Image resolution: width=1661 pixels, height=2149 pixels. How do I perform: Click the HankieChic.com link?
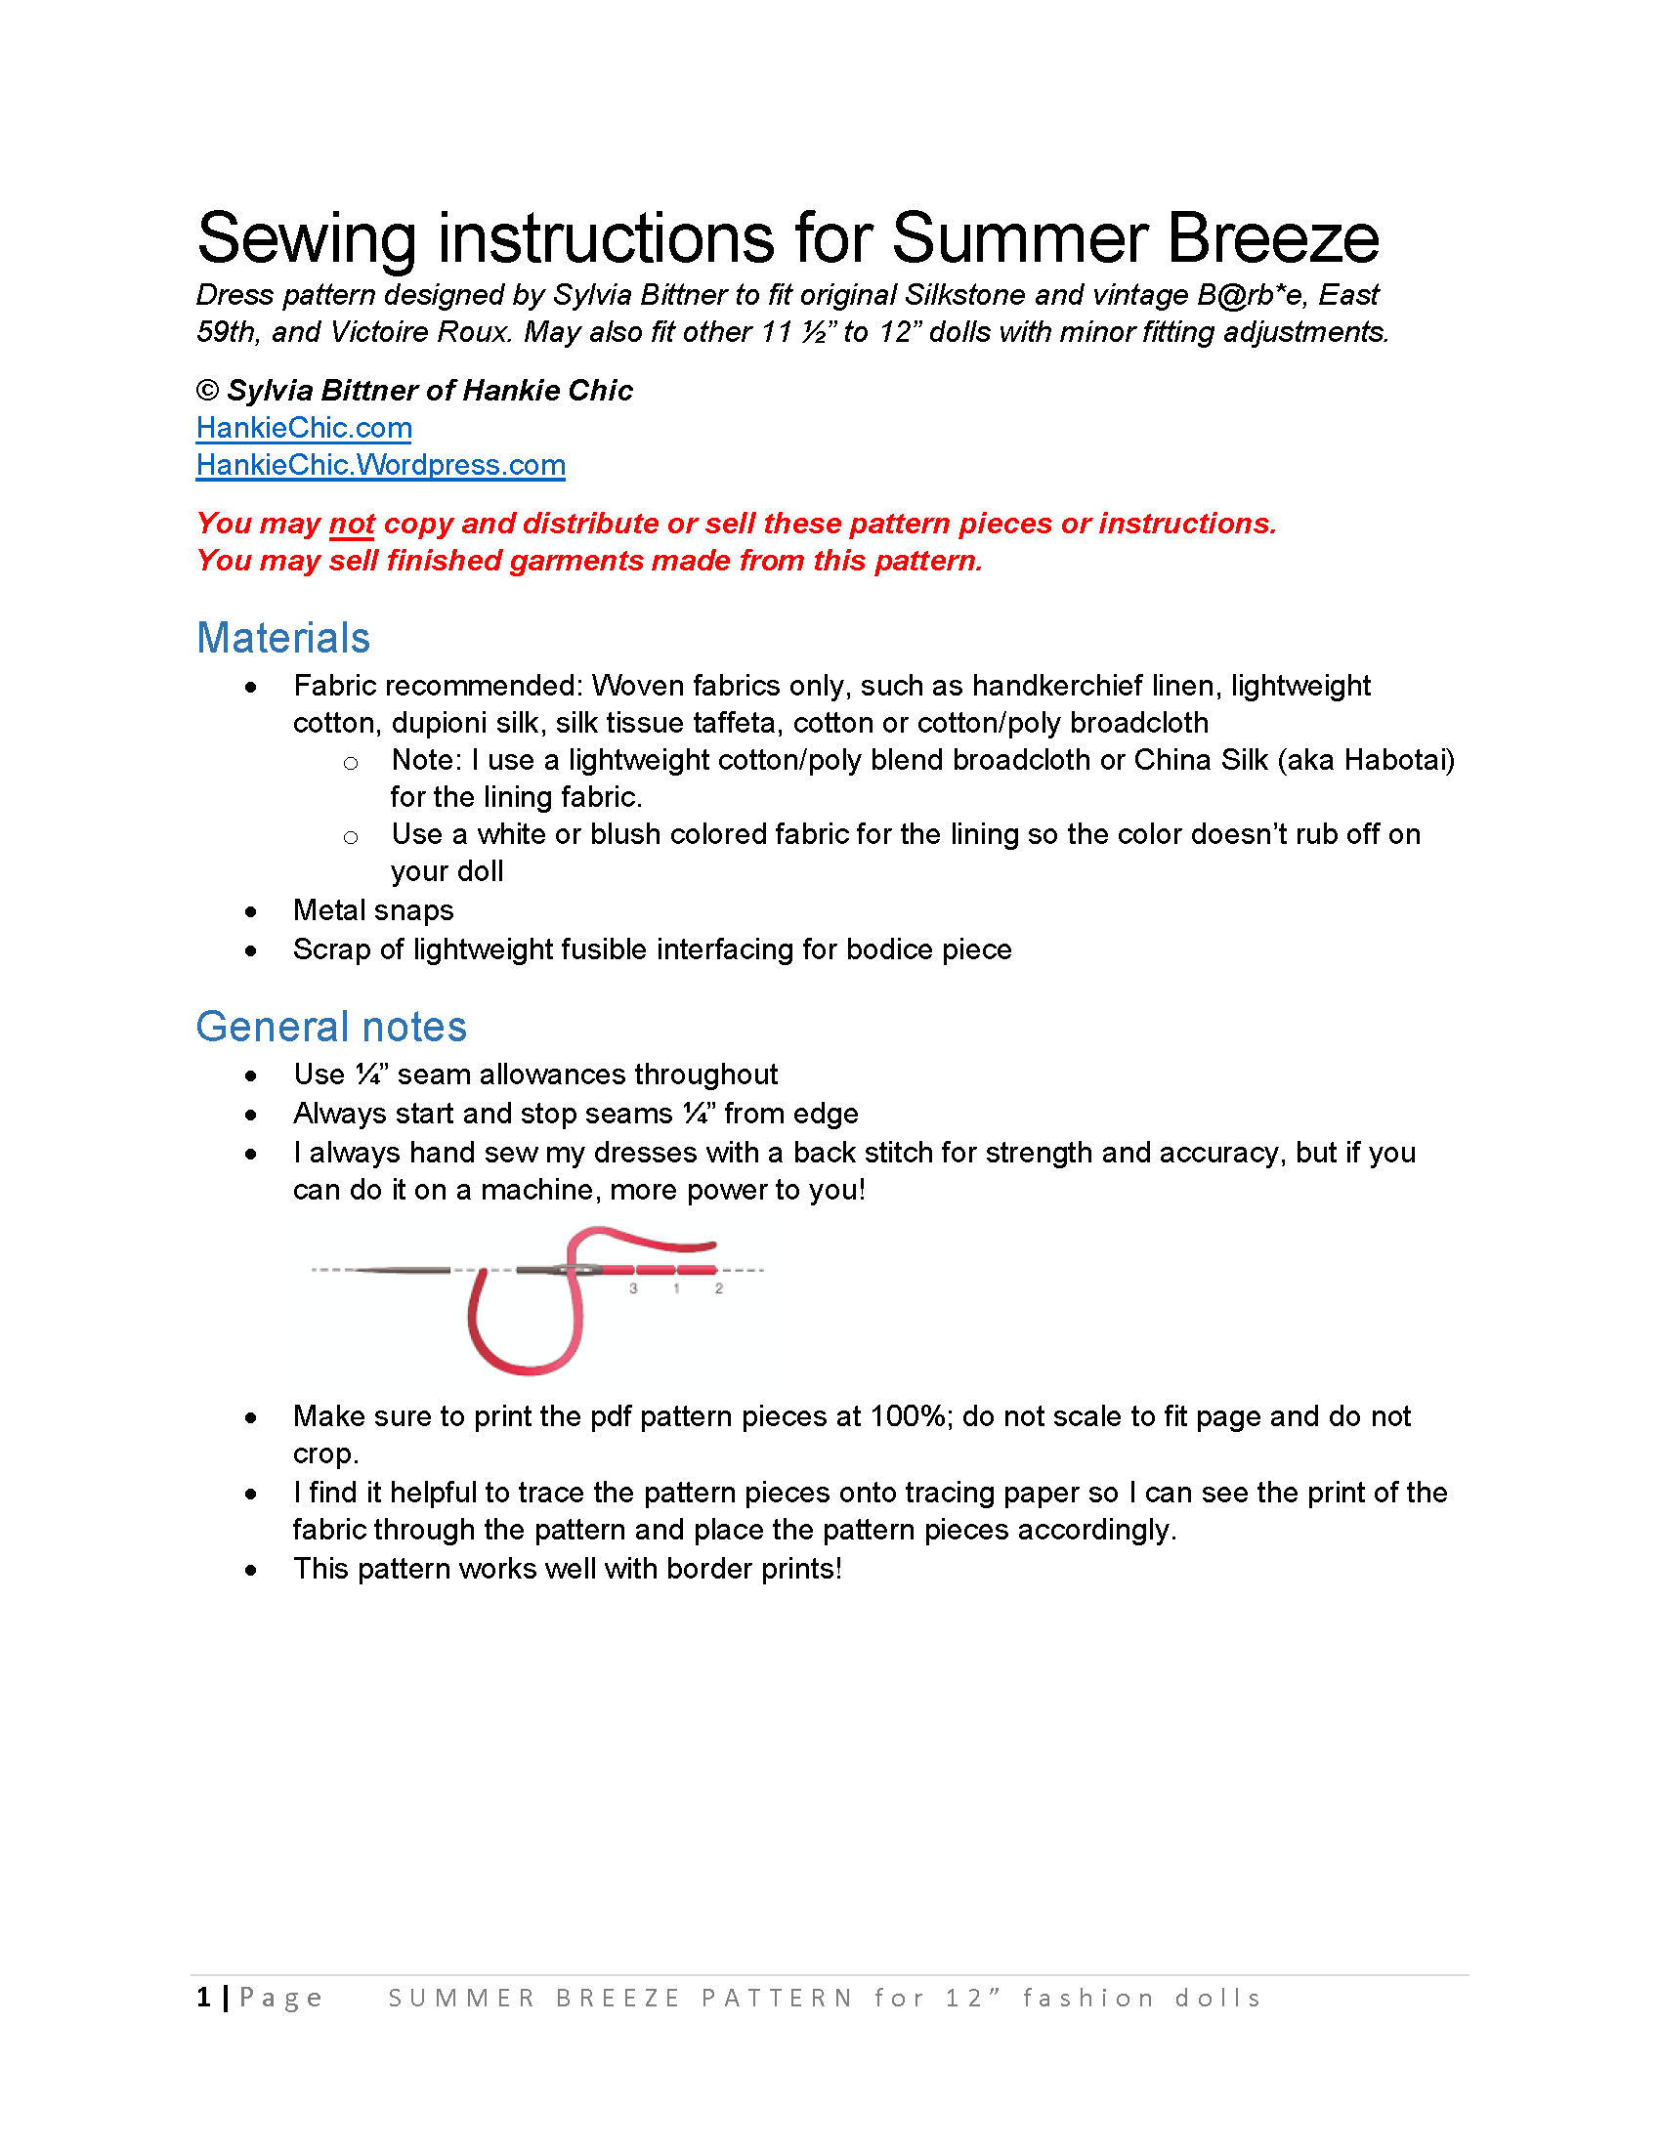pos(304,428)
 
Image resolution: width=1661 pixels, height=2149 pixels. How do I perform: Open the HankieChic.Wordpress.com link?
pos(381,465)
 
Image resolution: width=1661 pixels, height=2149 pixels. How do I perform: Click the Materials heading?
pos(283,638)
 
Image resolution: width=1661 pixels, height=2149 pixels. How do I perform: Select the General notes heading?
pos(331,1027)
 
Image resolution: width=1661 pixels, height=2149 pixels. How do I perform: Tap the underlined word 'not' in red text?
pos(353,524)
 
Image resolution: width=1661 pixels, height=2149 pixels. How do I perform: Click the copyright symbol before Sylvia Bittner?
pos(207,391)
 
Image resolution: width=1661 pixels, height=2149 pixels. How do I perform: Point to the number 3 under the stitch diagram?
pos(634,1288)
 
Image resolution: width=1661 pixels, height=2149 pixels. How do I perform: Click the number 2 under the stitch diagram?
pos(719,1288)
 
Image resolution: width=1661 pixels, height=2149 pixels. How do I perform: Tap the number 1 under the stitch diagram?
pos(676,1288)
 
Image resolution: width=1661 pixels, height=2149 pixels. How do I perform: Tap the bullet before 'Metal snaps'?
pos(252,912)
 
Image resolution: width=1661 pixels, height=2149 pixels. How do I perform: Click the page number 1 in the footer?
pos(203,1997)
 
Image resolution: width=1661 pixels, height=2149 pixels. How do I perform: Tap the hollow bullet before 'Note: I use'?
pos(351,763)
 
